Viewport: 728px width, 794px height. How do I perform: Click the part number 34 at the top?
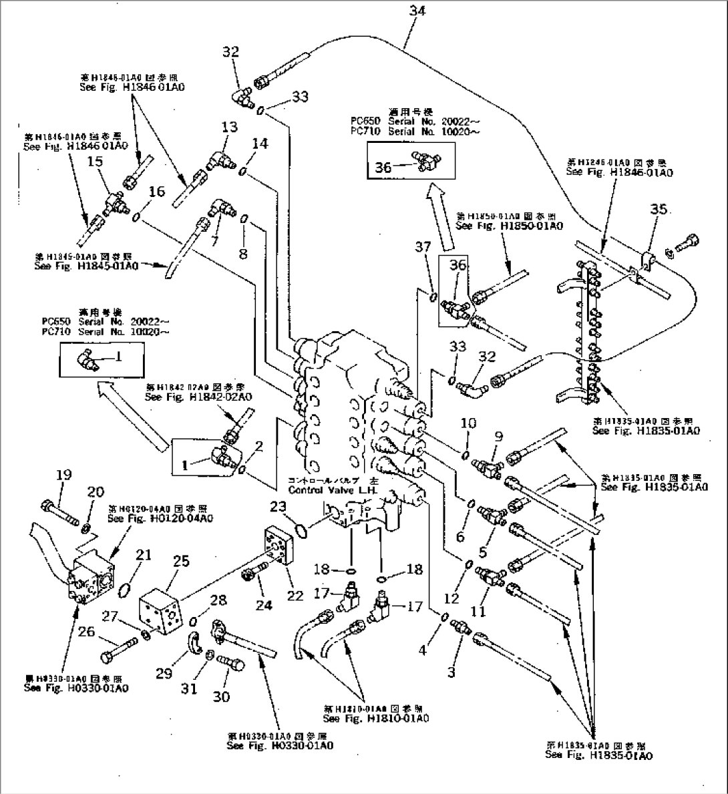click(417, 11)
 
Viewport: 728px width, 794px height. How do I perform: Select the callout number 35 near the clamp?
click(659, 210)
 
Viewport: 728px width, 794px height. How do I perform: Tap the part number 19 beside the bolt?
click(63, 475)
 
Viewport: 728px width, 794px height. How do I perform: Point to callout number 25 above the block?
click(182, 563)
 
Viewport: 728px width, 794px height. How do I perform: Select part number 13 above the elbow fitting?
click(230, 128)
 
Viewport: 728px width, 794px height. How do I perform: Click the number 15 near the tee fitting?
click(96, 162)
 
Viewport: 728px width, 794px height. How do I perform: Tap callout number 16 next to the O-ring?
click(156, 192)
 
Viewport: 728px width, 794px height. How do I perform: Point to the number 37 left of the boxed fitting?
click(423, 248)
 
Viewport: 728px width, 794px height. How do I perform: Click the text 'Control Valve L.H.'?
click(333, 490)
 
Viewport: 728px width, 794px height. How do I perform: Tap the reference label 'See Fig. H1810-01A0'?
click(375, 719)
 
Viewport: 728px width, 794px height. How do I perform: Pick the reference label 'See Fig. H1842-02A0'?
click(198, 397)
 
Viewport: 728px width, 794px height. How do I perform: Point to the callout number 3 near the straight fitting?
click(451, 672)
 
